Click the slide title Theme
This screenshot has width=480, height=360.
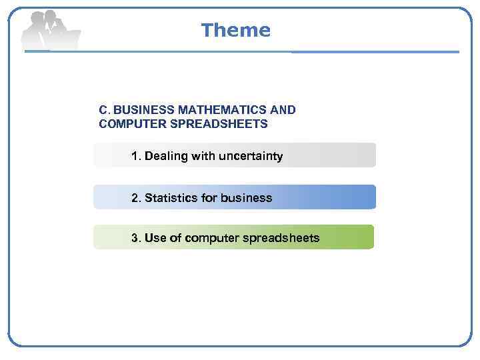pyautogui.click(x=235, y=30)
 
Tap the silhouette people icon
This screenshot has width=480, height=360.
pyautogui.click(x=50, y=30)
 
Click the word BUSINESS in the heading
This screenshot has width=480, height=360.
pyautogui.click(x=144, y=109)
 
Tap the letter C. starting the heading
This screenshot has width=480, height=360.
pyautogui.click(x=105, y=109)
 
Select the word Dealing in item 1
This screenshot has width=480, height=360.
pyautogui.click(x=166, y=156)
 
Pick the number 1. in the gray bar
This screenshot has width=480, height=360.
pyautogui.click(x=136, y=156)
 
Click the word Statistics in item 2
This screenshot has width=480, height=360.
pyautogui.click(x=170, y=198)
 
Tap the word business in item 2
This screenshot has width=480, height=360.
pyautogui.click(x=246, y=198)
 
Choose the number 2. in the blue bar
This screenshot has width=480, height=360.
pyautogui.click(x=136, y=198)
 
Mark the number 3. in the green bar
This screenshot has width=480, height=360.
pyautogui.click(x=136, y=238)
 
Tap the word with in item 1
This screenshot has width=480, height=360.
pyautogui.click(x=201, y=156)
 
